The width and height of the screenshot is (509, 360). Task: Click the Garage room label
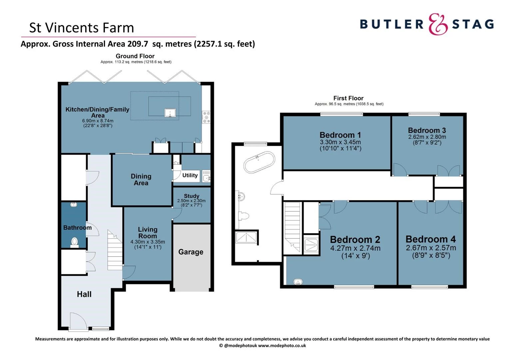[x=191, y=252]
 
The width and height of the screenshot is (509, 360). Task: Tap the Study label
[x=192, y=196]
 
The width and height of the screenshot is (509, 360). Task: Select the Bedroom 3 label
[x=427, y=130]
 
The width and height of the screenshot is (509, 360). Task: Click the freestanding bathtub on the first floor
[x=259, y=162]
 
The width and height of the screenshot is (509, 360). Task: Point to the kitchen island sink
[x=170, y=113]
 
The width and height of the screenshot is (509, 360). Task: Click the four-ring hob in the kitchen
[x=206, y=117]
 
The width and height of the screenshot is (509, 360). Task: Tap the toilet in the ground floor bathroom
[x=75, y=242]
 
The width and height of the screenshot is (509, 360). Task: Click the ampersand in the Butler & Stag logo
[x=438, y=24]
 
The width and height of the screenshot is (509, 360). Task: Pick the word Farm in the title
[x=118, y=28]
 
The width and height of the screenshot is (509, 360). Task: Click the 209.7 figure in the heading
[x=138, y=44]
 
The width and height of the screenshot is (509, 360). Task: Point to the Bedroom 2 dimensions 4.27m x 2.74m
[x=355, y=248]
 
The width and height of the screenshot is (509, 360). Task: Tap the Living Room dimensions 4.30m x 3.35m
[x=148, y=242]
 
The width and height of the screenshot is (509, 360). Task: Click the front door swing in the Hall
[x=78, y=321]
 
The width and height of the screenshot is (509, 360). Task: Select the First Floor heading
[x=348, y=98]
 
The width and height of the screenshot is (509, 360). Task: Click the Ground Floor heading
[x=135, y=56]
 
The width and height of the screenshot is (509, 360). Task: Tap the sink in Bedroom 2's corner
[x=298, y=282]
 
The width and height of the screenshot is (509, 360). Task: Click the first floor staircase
[x=293, y=227]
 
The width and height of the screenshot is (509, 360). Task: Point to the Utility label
[x=190, y=175]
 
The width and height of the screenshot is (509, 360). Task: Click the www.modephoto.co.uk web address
[x=282, y=345]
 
